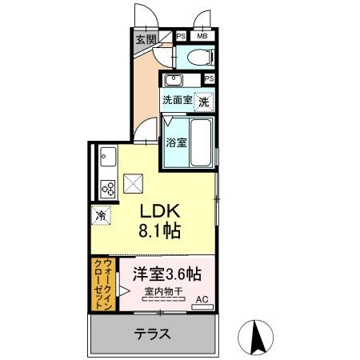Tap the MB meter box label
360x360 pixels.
[x=202, y=36]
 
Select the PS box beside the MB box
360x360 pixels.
[x=181, y=36]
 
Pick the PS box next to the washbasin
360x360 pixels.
[x=210, y=78]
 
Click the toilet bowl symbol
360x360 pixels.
[x=200, y=57]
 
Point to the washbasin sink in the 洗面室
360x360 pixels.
[x=174, y=80]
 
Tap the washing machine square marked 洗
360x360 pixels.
[x=204, y=102]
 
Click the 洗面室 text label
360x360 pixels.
[x=178, y=100]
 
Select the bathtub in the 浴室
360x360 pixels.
[x=201, y=142]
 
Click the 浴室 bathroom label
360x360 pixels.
[x=176, y=142]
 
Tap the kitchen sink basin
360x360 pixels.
[x=108, y=157]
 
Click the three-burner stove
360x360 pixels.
[x=108, y=189]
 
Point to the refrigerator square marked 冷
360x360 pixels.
[x=101, y=215]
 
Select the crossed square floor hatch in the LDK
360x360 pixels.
[x=134, y=184]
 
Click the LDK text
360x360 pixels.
[x=160, y=211]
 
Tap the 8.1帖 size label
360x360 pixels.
[x=159, y=230]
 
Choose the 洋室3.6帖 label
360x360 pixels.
[x=167, y=274]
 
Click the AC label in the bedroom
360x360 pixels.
[x=202, y=299]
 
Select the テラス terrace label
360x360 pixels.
[x=152, y=334]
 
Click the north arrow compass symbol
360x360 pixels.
[x=255, y=338]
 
